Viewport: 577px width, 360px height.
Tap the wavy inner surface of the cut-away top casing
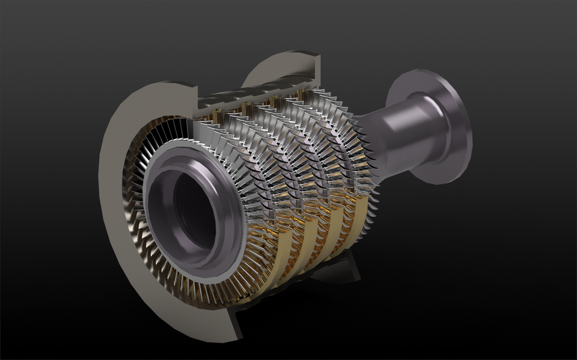pos(252,96)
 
